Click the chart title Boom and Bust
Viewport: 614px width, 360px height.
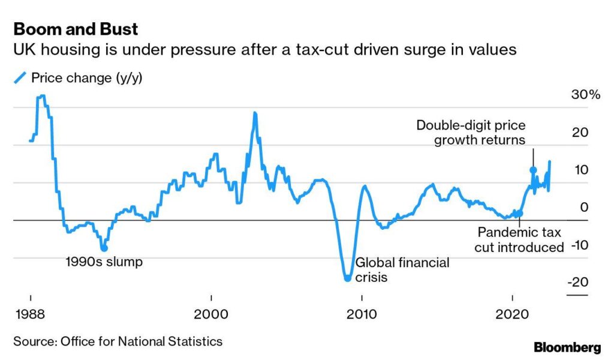(76, 29)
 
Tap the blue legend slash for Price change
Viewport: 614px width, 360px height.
(20, 77)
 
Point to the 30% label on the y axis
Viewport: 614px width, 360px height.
(585, 94)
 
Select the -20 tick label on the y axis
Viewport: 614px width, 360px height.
(578, 282)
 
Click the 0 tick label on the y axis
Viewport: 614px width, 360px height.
(584, 207)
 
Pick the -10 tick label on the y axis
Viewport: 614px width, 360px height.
(580, 245)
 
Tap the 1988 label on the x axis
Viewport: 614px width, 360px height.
(30, 314)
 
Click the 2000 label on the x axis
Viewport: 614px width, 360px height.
(211, 314)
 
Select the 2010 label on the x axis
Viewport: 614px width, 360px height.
(362, 314)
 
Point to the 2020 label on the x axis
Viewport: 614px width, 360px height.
(513, 314)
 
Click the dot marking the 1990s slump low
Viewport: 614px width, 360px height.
(104, 248)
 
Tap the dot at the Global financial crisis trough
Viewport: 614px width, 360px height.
(347, 278)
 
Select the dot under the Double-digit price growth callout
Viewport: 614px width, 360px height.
(533, 170)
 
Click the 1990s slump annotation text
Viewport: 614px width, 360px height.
(104, 262)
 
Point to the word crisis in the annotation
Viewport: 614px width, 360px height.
(371, 277)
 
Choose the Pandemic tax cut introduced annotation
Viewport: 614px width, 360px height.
(519, 240)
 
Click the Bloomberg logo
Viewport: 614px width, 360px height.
(567, 347)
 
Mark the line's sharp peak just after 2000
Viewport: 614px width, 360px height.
(255, 113)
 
